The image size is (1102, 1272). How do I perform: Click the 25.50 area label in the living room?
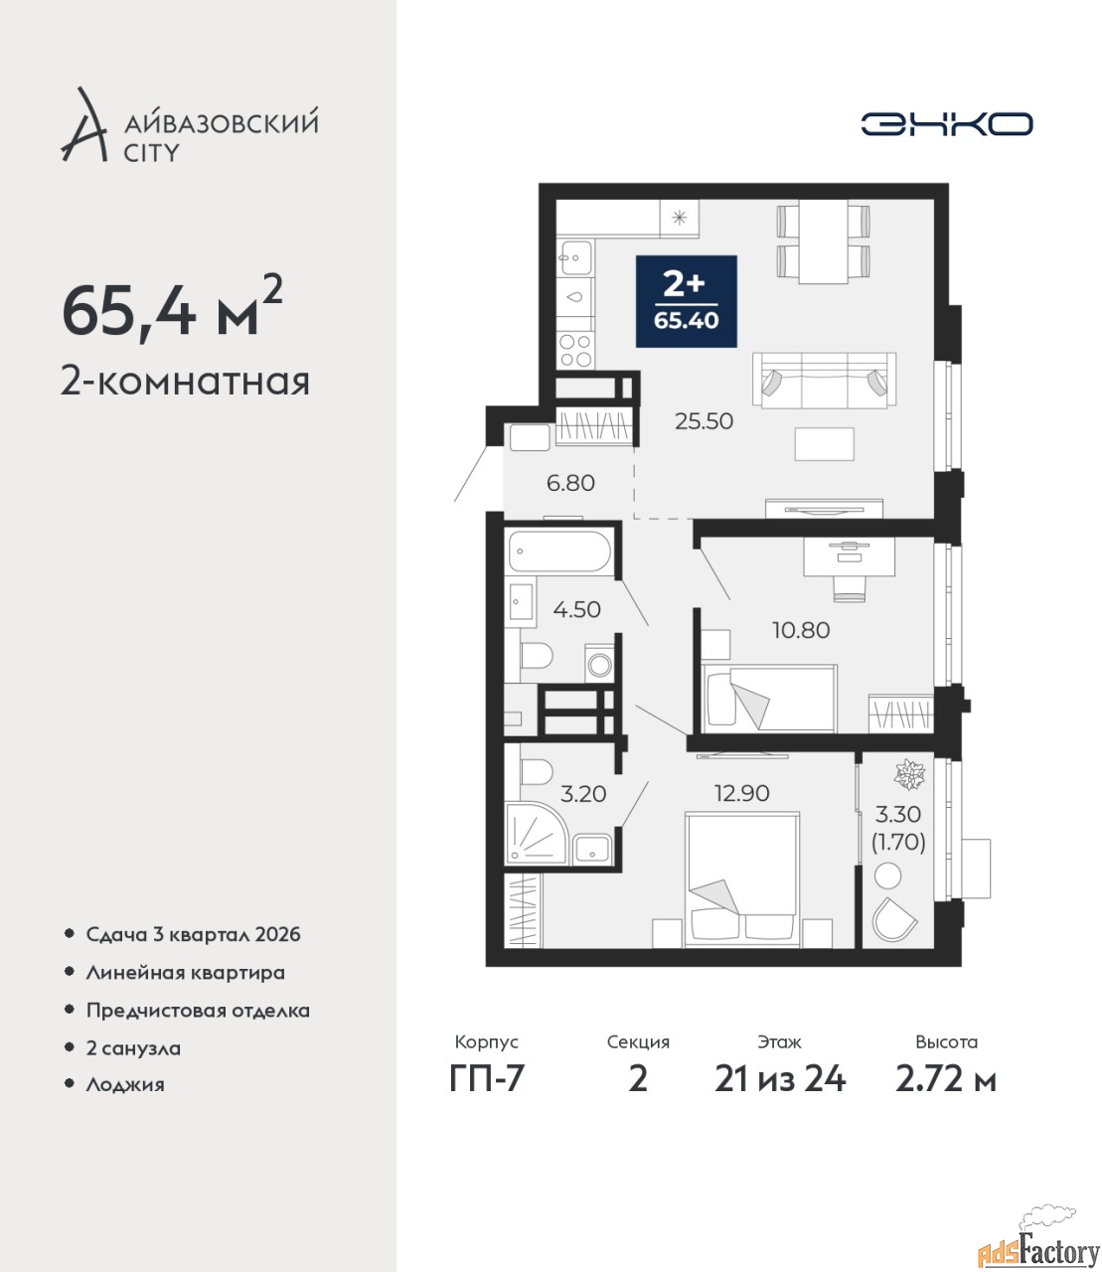[x=704, y=421]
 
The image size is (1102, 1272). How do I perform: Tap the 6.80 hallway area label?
[x=570, y=483]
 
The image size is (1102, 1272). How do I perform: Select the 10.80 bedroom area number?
[x=801, y=630]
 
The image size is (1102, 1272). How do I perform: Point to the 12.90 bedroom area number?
[x=741, y=793]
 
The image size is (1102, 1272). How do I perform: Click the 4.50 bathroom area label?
[x=576, y=609]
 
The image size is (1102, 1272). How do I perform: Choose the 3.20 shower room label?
[x=583, y=794]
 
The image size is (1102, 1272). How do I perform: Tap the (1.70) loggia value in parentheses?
[x=898, y=842]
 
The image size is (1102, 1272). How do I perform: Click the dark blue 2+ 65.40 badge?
[x=686, y=301]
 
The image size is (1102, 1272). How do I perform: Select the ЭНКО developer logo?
[x=946, y=123]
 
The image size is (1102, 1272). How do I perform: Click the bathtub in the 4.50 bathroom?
[x=559, y=552]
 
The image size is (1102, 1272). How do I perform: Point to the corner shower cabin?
[x=535, y=833]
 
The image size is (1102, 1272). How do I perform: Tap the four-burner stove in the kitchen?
[x=576, y=350]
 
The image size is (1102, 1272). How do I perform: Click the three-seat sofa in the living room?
[x=824, y=381]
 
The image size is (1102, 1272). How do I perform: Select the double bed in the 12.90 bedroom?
[x=742, y=880]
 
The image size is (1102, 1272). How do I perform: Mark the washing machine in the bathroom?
[x=599, y=664]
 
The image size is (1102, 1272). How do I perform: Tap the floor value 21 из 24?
[x=780, y=1079]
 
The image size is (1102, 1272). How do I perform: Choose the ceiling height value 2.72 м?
[x=946, y=1079]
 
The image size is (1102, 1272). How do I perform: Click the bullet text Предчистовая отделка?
[x=198, y=1011]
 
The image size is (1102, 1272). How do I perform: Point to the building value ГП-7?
[x=486, y=1079]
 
